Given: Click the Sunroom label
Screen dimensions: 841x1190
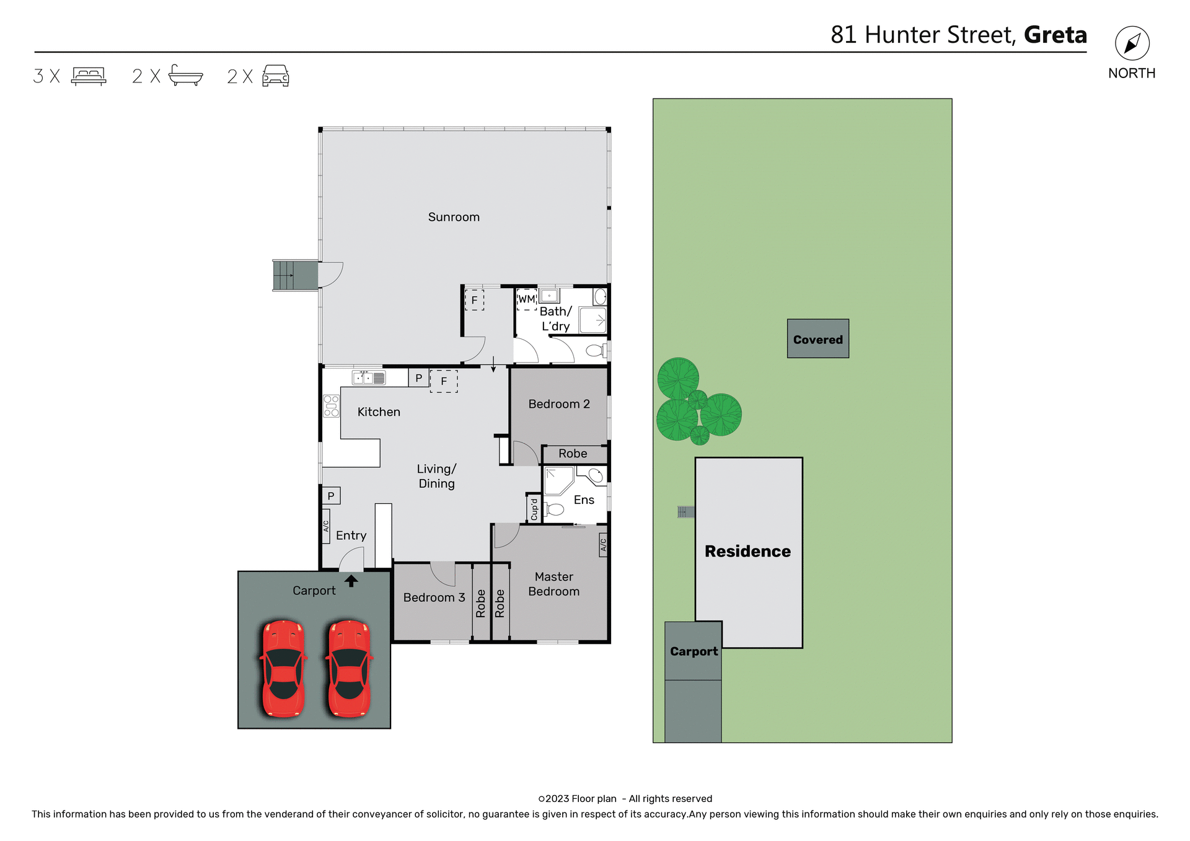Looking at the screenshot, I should tap(454, 217).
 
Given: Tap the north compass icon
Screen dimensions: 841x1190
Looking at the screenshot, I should tap(1132, 43).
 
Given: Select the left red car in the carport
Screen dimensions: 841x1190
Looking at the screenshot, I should tap(283, 668).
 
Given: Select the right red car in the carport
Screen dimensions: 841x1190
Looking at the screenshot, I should tap(349, 668).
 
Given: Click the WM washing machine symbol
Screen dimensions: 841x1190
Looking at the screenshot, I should tap(526, 299).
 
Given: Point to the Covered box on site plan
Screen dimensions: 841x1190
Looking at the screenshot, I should tap(818, 339).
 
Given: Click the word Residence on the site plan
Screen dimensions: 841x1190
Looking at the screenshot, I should tap(747, 551).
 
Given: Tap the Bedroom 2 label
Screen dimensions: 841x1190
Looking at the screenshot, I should tap(558, 404).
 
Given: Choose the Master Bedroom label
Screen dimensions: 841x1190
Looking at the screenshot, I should tap(553, 584).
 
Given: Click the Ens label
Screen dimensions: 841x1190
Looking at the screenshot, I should tap(584, 500).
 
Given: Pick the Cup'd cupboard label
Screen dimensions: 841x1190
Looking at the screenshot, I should tap(534, 509).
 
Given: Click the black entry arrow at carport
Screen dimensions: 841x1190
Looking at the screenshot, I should tap(351, 581).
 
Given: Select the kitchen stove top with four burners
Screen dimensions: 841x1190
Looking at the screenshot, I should tap(331, 407).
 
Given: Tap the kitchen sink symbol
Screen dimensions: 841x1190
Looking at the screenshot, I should tap(369, 377).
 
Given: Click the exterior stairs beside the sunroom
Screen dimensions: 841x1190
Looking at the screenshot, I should tap(295, 275).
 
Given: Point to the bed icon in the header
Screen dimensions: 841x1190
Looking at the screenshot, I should tap(89, 76).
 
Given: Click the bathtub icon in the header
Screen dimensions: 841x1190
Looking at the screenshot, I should tap(185, 76).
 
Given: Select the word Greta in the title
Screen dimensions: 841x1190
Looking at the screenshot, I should tap(1055, 35).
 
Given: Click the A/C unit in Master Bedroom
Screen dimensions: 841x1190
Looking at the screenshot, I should tap(603, 545).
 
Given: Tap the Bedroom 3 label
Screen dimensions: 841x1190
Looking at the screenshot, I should tap(434, 597).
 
